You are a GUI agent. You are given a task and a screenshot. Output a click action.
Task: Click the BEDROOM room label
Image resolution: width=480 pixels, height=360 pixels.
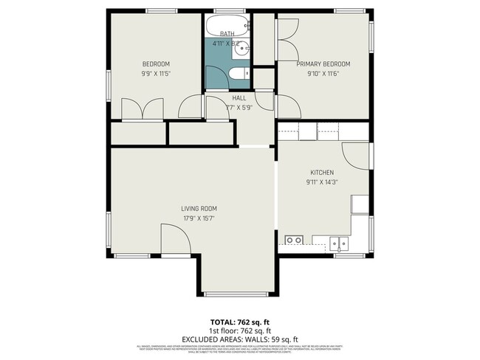tap(157, 63)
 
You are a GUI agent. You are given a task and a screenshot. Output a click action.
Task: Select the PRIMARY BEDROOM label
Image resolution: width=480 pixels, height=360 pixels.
tap(323, 64)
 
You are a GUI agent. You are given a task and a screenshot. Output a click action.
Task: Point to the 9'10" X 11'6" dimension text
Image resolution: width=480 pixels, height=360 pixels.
tap(323, 74)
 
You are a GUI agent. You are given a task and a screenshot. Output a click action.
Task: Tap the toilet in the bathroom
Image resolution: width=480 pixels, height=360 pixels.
tap(238, 74)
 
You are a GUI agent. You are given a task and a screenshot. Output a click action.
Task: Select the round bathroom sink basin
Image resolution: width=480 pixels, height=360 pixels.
tap(247, 49)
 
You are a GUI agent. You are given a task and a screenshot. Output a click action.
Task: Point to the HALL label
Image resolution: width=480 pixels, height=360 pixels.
tap(239, 98)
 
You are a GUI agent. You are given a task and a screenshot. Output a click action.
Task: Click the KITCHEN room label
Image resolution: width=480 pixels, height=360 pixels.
tap(322, 173)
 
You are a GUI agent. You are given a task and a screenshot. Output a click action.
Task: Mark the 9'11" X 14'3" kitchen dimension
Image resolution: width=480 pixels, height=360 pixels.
tap(322, 182)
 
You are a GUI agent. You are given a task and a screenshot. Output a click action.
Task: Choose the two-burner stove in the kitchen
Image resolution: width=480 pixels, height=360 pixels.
tap(294, 240)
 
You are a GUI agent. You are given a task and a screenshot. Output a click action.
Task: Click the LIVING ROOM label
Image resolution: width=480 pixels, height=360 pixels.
tap(199, 209)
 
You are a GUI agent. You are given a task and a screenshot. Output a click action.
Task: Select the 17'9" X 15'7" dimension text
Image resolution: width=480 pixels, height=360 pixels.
tap(199, 218)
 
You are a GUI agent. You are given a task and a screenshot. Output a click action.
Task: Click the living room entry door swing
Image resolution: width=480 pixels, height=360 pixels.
tap(174, 240)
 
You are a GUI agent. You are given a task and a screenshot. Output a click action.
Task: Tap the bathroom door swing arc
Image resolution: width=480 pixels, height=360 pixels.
tap(216, 108)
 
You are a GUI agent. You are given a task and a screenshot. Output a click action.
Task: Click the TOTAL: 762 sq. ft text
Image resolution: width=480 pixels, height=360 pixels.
tap(239, 322)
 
